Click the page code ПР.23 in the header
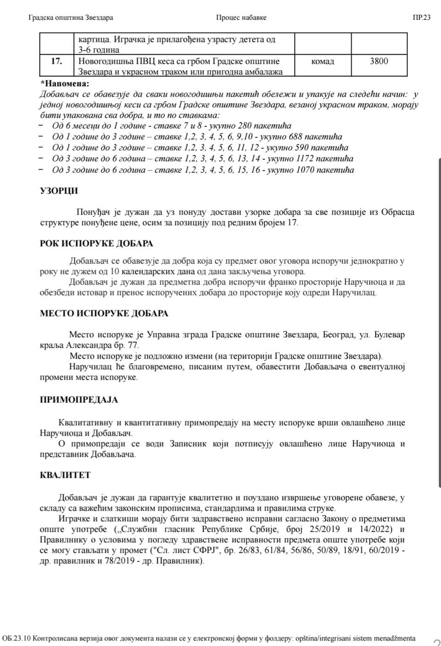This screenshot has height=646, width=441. pyautogui.click(x=421, y=18)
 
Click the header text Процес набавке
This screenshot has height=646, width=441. pyautogui.click(x=241, y=18)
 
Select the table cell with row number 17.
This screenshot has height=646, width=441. pyautogui.click(x=57, y=61)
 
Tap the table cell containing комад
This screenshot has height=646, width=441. pyautogui.click(x=322, y=62)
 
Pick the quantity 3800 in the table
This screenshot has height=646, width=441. pyautogui.click(x=379, y=61)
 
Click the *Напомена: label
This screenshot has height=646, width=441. pyautogui.click(x=65, y=84)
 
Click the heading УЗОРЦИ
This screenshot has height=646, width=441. pyautogui.click(x=59, y=191)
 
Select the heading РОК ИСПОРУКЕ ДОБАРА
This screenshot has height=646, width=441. pyautogui.click(x=96, y=244)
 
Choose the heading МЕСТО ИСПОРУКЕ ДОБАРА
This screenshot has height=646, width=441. pyautogui.click(x=104, y=313)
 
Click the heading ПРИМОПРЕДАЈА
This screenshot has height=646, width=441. pyautogui.click(x=79, y=400)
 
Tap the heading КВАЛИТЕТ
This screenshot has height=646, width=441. pyautogui.click(x=65, y=475)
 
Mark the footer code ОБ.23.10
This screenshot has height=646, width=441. pyautogui.click(x=17, y=638)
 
